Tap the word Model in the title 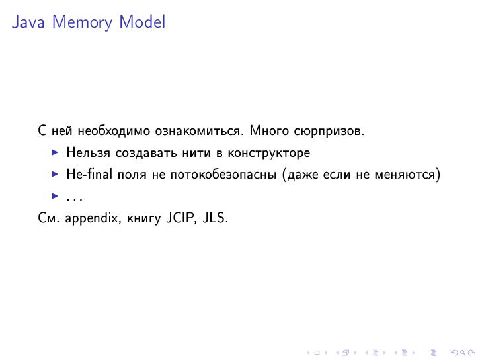click(142, 22)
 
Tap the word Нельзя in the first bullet click(89, 153)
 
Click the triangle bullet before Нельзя click(56, 153)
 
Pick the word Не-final click(89, 175)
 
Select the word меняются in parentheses click(410, 175)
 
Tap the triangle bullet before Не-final click(56, 175)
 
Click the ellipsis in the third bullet click(74, 197)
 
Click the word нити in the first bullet click(193, 153)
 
